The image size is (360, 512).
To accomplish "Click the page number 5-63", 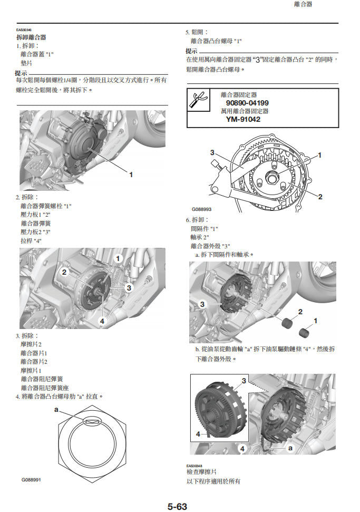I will [x=177, y=507].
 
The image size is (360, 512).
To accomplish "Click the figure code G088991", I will [x=31, y=480].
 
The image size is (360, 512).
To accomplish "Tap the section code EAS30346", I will [x=24, y=30].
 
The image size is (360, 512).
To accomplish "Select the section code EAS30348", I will [x=194, y=466].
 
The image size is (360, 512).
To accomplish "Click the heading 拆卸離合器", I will [x=31, y=37].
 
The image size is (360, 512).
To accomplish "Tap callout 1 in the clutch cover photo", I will [x=131, y=174].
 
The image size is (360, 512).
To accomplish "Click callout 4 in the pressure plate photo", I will [x=102, y=321].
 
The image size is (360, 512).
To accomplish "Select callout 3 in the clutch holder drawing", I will [x=212, y=153].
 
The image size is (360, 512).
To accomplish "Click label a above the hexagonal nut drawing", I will [x=56, y=409].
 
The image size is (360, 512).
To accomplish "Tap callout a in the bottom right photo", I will [x=290, y=447].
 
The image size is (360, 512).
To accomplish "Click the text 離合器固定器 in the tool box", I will [x=239, y=95].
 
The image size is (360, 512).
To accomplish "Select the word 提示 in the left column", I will [x=21, y=73].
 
